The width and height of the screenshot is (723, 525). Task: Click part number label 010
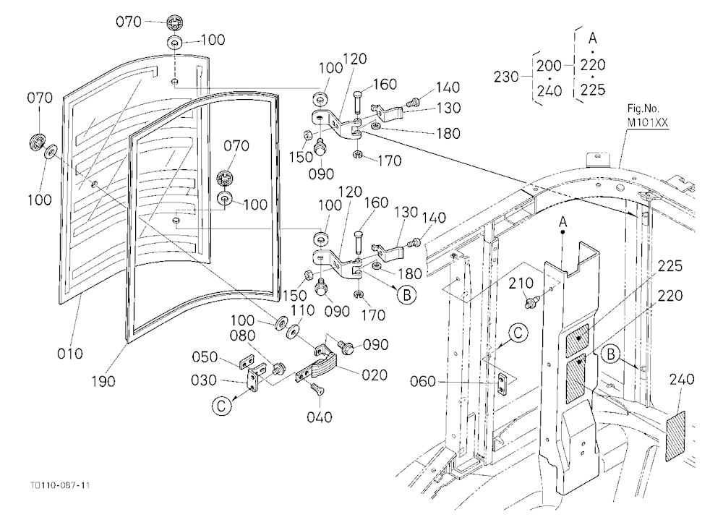click(70, 354)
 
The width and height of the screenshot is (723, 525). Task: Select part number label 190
click(103, 382)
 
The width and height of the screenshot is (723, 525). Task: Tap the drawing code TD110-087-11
click(60, 485)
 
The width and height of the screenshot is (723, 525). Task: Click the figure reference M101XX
click(647, 123)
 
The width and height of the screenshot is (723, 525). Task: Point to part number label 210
click(521, 283)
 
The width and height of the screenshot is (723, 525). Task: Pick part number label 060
click(423, 382)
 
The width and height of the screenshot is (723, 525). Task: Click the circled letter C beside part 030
click(222, 406)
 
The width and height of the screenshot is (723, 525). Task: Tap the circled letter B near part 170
click(406, 295)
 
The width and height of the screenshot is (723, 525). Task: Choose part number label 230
click(506, 77)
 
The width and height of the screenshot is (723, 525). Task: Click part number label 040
click(319, 417)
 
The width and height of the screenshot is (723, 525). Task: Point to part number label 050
click(205, 357)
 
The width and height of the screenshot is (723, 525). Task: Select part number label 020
click(375, 375)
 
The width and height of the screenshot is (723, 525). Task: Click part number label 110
click(302, 310)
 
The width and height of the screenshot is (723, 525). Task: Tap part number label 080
click(242, 336)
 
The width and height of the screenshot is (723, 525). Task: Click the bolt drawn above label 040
click(317, 388)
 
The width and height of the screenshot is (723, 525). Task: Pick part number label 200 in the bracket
click(549, 66)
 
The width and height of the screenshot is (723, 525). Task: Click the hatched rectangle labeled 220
click(576, 377)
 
